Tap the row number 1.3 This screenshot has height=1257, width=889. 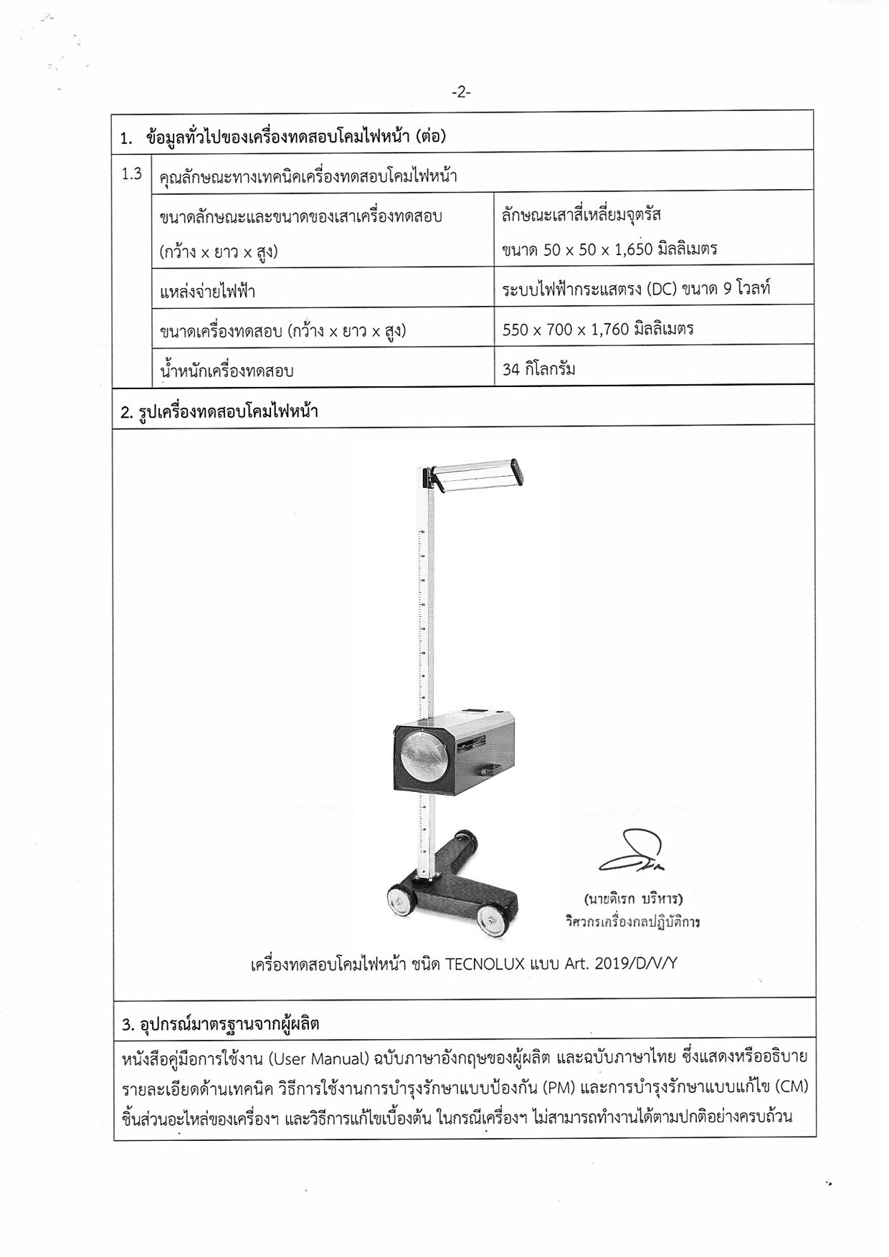132,173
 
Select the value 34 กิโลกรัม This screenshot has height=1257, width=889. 539,370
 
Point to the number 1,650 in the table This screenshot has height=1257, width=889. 633,249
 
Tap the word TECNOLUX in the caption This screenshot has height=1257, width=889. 485,964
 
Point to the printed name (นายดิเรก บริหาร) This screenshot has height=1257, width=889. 633,899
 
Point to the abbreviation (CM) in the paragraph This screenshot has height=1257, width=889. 791,1088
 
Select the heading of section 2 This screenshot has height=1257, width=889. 219,412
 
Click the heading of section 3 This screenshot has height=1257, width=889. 220,1024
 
